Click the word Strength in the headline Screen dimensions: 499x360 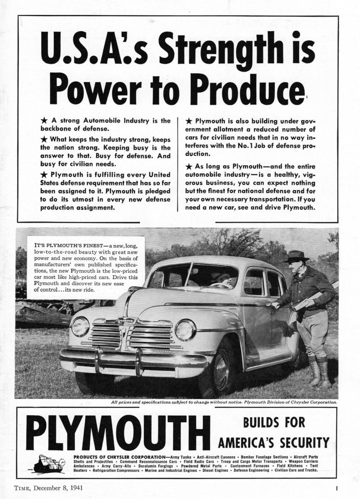(x=220, y=49)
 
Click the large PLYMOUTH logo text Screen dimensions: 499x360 (x=118, y=432)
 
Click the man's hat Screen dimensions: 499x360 (x=296, y=256)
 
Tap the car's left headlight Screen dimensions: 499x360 (x=80, y=326)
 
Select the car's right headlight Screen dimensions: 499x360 (x=185, y=330)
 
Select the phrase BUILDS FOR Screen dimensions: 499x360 (x=274, y=423)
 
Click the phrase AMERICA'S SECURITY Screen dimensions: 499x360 (x=274, y=442)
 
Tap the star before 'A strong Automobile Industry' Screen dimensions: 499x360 (x=44, y=121)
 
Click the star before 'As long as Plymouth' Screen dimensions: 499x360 (x=189, y=166)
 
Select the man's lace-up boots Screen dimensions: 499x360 (x=318, y=371)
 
